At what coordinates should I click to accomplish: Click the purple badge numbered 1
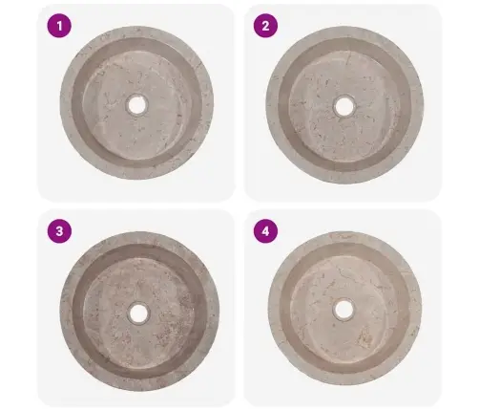coord(59,26)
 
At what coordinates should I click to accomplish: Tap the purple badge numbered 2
coord(265,26)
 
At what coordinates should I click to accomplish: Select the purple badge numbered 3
coord(59,231)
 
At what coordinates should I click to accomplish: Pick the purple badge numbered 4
coord(265,231)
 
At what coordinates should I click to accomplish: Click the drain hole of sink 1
coord(137,105)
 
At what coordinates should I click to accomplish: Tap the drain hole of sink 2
coord(344,106)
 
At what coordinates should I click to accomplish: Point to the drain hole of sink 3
coord(139,313)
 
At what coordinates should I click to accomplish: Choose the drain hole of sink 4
coord(344,309)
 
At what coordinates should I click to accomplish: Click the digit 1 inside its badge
coord(59,26)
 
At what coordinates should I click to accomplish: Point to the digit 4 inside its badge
coord(265,231)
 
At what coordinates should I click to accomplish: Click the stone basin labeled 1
coord(136,103)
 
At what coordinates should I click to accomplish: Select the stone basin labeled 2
coord(344,105)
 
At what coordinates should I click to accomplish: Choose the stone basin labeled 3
coord(139,312)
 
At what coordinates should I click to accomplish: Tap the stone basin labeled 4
coord(345,308)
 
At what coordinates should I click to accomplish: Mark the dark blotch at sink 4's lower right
coord(364,338)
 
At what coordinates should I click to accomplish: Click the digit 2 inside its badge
coord(265,26)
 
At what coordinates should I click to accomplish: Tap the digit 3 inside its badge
coord(59,231)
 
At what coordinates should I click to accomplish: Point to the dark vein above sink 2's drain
coord(349,60)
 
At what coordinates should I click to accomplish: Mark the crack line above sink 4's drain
coord(345,273)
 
